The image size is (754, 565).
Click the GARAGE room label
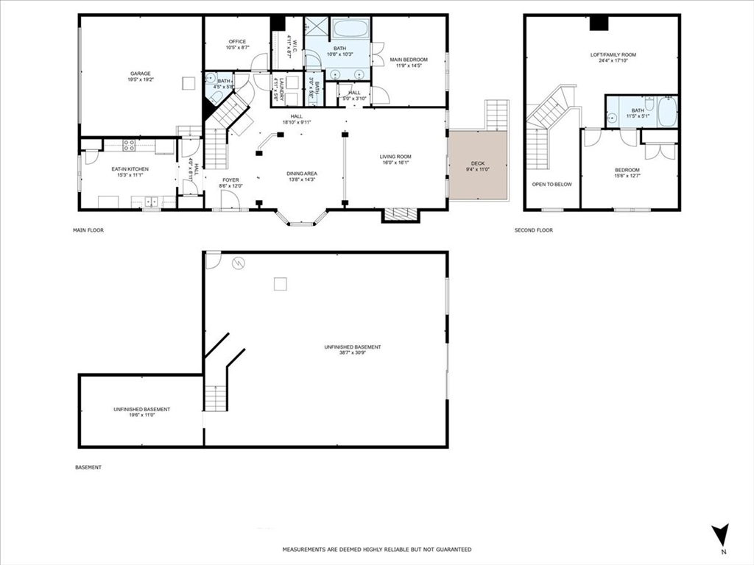pos(141,74)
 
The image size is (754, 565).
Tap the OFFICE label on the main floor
pos(237,42)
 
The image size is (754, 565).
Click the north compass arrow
pos(722,536)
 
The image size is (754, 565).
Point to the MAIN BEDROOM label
pos(409,60)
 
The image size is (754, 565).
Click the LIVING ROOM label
pos(395,157)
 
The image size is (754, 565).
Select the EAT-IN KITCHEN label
pos(130,169)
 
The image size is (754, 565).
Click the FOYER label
pos(230,180)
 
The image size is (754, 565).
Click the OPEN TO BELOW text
pos(552,184)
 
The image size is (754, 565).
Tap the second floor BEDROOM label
pos(627,170)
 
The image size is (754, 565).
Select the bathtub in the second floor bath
pos(667,113)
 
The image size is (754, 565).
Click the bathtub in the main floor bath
pos(350,32)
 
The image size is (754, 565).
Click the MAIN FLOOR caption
pos(88,230)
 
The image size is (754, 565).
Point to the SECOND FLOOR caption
pos(534,230)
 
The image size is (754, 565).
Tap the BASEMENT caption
pos(88,467)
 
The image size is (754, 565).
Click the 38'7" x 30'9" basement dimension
pos(353,353)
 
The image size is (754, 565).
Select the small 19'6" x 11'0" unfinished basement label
pos(141,415)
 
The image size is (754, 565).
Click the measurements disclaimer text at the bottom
pos(377,550)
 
